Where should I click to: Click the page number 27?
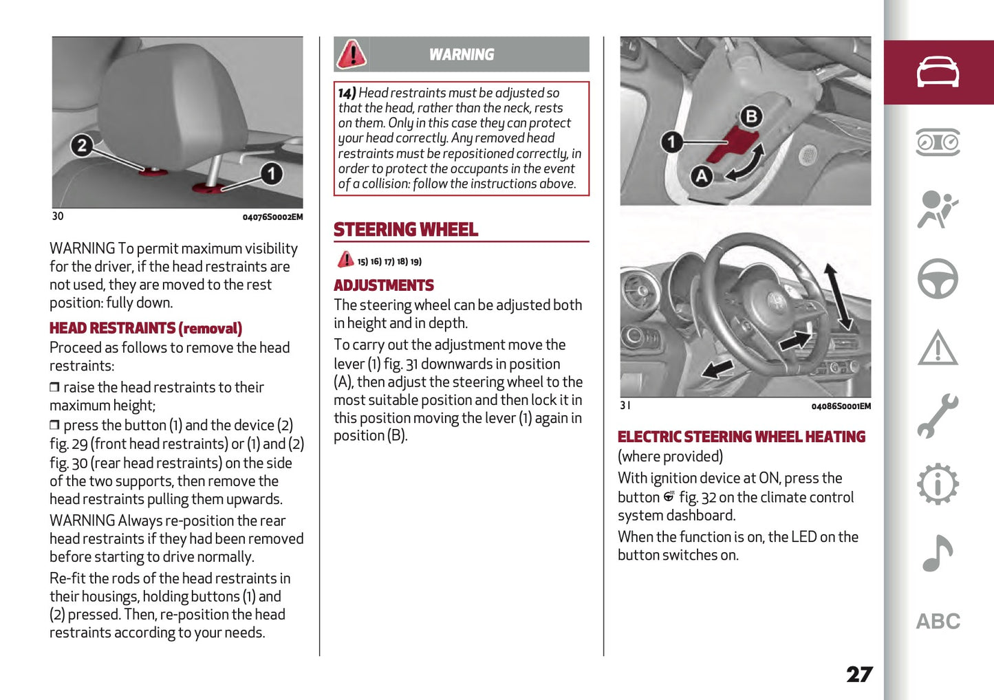[859, 675]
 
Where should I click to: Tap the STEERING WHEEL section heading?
[406, 230]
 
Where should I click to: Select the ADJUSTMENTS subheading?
[384, 285]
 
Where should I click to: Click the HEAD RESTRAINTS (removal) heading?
[146, 329]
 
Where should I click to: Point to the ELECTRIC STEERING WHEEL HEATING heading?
[742, 437]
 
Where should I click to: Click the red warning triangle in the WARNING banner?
[352, 54]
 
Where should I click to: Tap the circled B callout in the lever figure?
[751, 116]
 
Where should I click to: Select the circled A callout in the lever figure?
[701, 176]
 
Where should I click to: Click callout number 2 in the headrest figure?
[82, 145]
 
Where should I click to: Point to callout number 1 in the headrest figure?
[272, 173]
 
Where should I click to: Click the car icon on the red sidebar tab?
[938, 72]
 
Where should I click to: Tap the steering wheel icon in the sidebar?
[938, 278]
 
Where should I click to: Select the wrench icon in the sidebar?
[938, 416]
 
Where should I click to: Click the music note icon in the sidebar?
[938, 553]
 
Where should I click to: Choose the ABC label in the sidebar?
[938, 622]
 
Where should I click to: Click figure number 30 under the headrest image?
[58, 217]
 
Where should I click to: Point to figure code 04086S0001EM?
[841, 406]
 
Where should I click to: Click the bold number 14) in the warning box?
[347, 93]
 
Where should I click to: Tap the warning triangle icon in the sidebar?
[938, 348]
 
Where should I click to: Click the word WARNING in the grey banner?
[462, 54]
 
